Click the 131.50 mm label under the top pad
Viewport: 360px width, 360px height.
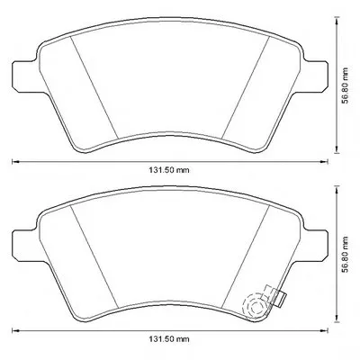[169, 170]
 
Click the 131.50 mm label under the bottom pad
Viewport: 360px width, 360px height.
[169, 339]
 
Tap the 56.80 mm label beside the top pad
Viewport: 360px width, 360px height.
[346, 85]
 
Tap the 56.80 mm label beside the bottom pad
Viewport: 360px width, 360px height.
[346, 255]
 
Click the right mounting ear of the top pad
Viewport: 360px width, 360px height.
[314, 76]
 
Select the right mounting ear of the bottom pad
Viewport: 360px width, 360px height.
[314, 246]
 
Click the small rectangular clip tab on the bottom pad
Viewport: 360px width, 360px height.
[281, 299]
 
